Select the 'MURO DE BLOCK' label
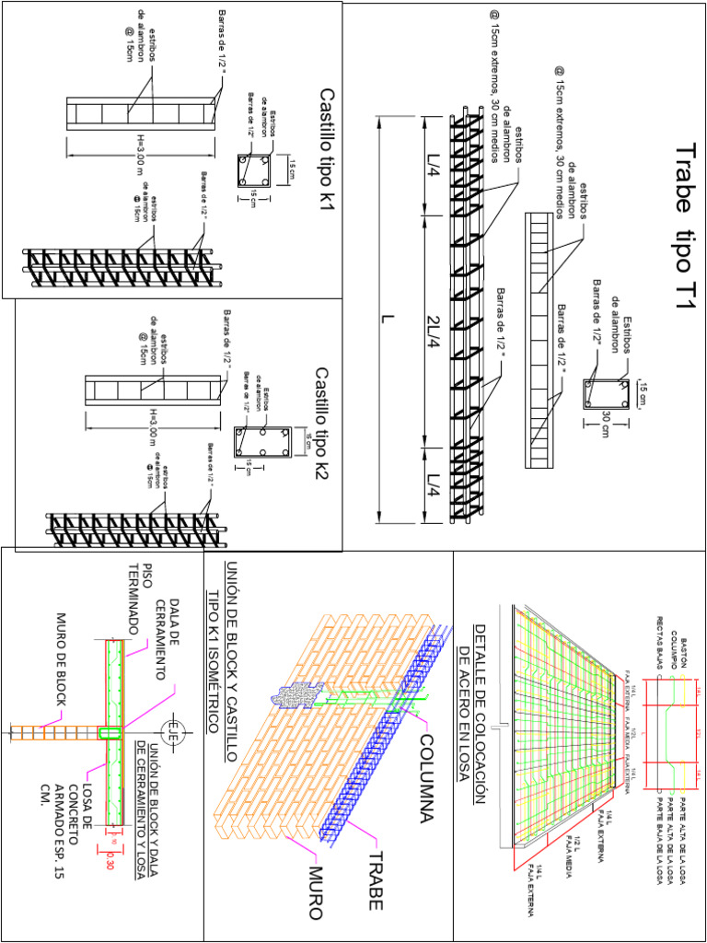point(63,659)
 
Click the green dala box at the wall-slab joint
point(110,733)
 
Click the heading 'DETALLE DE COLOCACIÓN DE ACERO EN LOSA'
point(469,704)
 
